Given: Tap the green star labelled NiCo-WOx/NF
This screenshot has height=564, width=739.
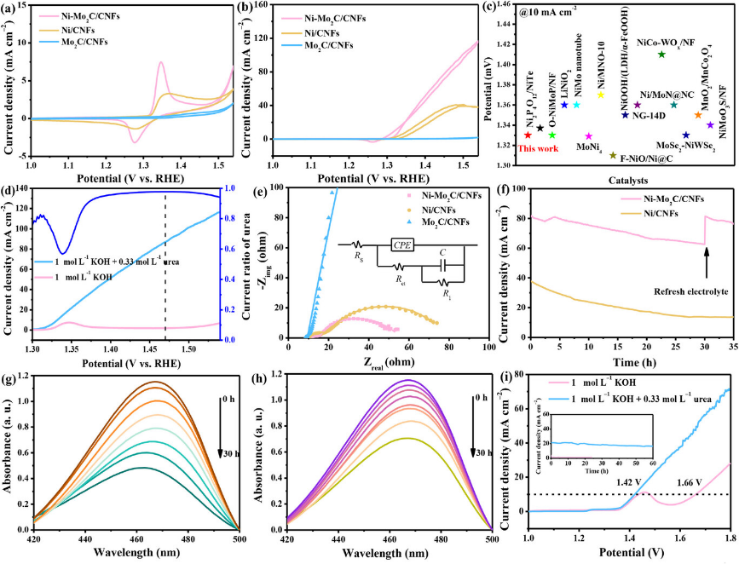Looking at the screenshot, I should coord(661,55).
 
